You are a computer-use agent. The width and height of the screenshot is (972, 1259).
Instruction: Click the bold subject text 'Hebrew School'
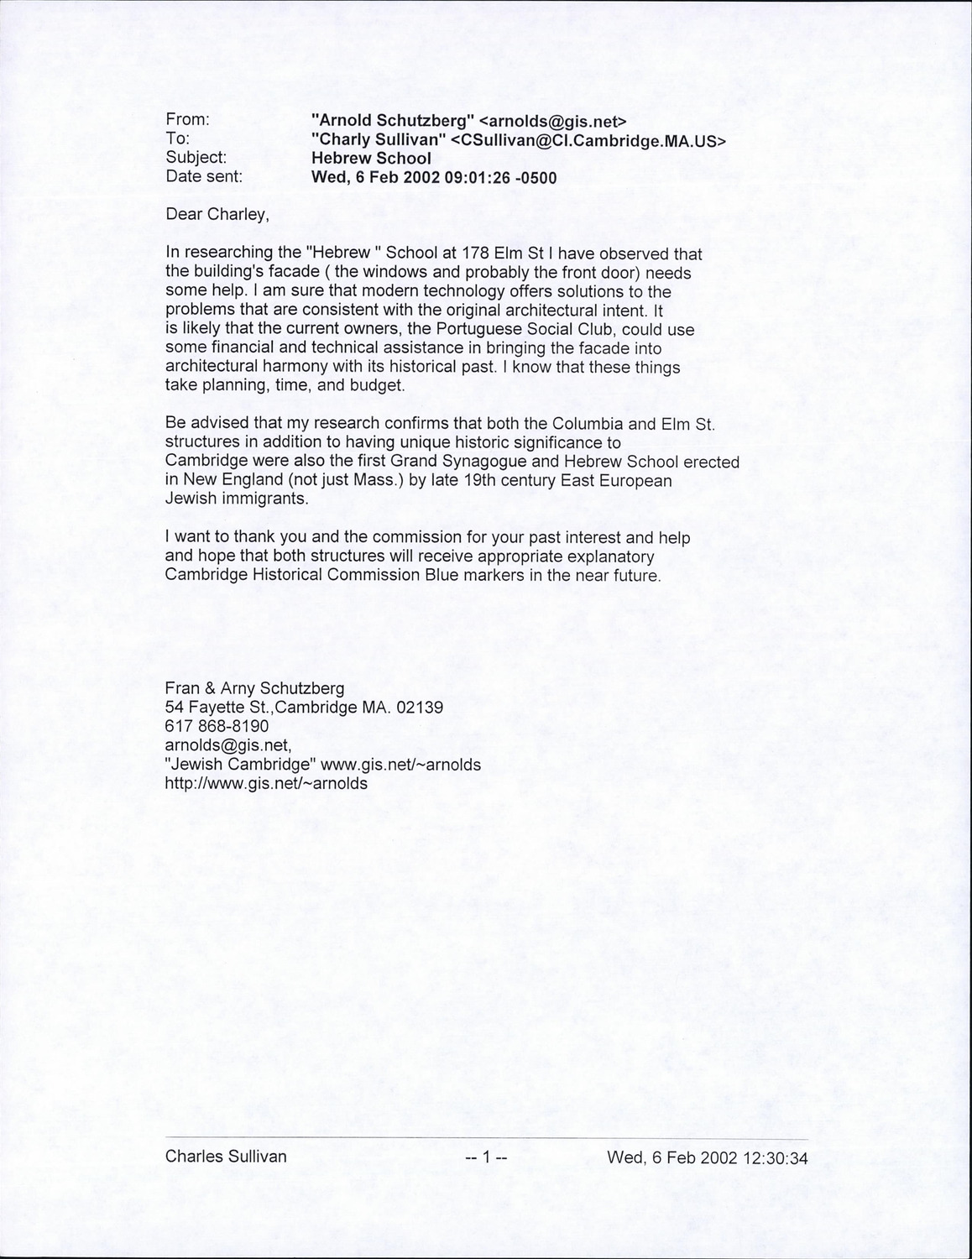[371, 158]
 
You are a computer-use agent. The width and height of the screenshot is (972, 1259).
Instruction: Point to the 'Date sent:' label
[204, 177]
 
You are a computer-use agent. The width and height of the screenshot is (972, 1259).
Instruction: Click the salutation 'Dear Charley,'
[217, 214]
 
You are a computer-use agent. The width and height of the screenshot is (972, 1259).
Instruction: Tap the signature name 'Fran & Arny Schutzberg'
[254, 688]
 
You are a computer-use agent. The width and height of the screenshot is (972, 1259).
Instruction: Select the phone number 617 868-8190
[217, 726]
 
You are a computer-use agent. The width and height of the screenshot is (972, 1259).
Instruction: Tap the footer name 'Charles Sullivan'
[226, 1157]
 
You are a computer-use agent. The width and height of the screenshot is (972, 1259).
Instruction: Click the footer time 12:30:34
[772, 1158]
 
